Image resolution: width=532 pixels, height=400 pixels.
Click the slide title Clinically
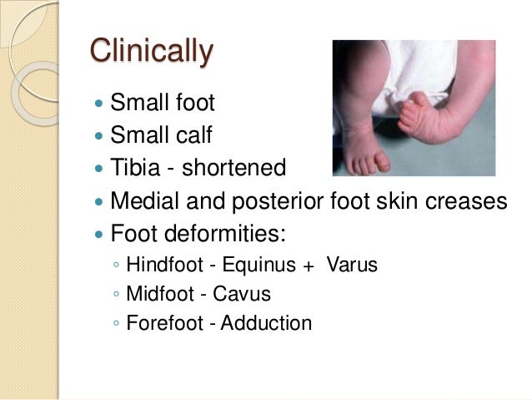click(x=151, y=52)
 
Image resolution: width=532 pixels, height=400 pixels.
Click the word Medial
click(x=143, y=201)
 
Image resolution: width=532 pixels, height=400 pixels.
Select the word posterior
click(x=275, y=201)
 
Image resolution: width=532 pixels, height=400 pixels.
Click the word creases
click(x=463, y=201)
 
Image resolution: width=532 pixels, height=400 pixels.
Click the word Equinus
click(x=258, y=266)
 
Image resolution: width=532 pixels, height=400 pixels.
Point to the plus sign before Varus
click(x=309, y=266)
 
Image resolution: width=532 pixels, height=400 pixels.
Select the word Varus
click(x=353, y=266)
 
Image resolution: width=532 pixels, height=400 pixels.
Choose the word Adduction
click(x=267, y=322)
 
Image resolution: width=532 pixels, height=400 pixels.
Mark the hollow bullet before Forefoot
click(x=115, y=323)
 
